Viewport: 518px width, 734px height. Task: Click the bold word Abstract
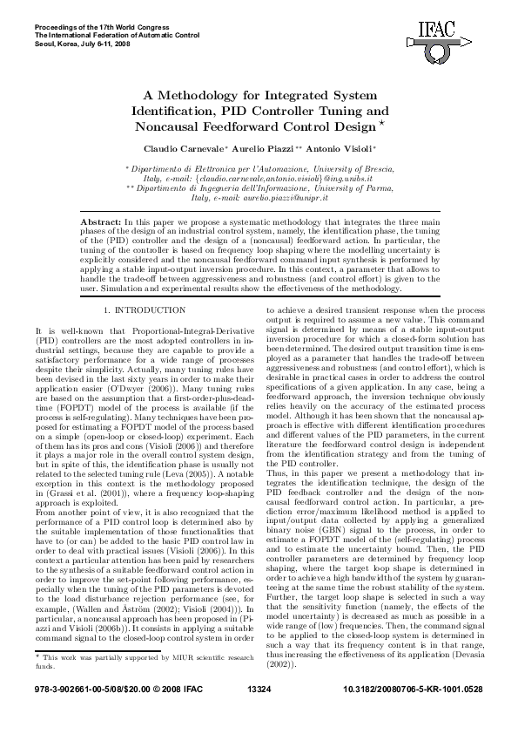pos(102,224)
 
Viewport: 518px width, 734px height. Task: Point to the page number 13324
pos(259,714)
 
